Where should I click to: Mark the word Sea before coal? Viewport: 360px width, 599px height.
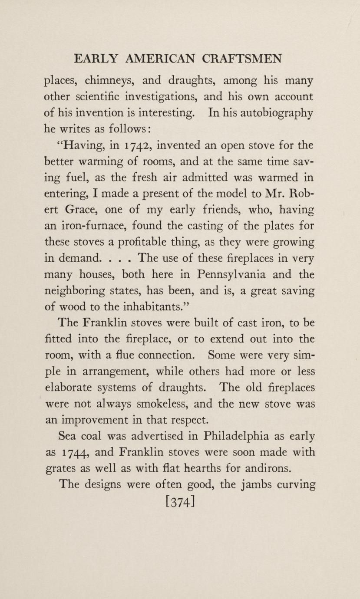[x=69, y=437]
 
